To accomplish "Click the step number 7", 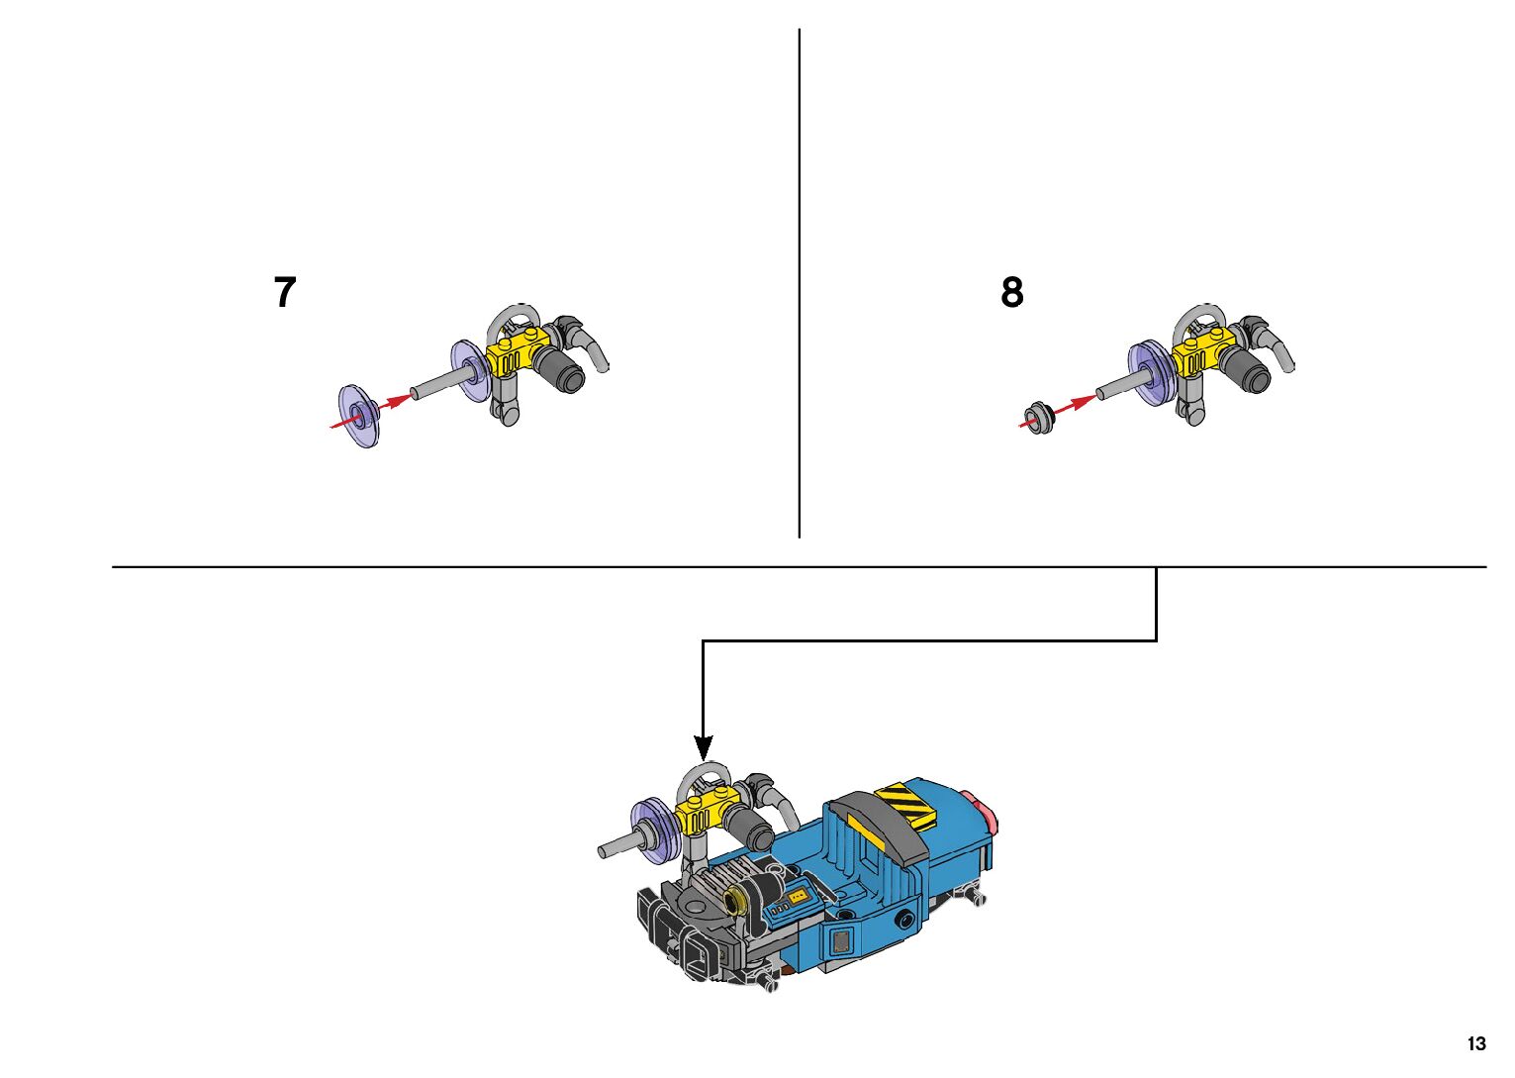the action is [x=285, y=293].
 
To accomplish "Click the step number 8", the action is [x=1011, y=293].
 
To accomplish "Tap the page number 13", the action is [x=1475, y=1043].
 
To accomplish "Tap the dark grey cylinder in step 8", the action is [x=1246, y=371].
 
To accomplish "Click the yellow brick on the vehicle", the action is [x=702, y=815].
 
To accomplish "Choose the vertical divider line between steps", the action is [x=799, y=282].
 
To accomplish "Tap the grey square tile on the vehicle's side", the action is [x=841, y=940].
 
